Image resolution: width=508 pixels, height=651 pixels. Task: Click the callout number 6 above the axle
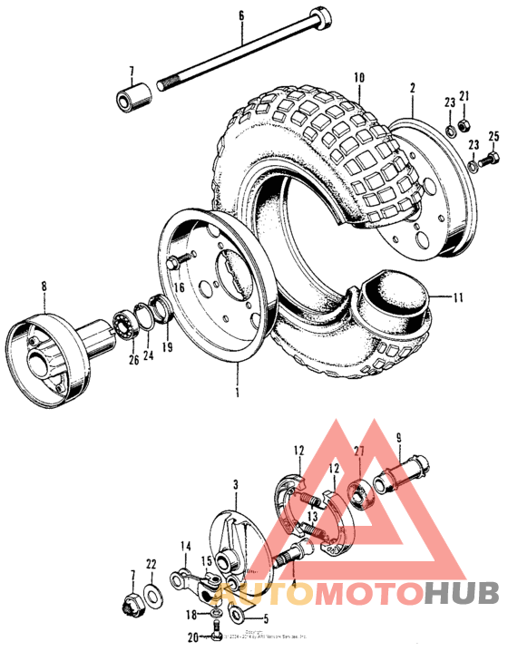[241, 15]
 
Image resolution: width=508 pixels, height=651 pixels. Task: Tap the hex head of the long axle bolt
[317, 17]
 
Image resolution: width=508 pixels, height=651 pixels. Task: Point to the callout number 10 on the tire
[358, 79]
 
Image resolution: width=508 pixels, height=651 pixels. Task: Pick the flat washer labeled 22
[151, 594]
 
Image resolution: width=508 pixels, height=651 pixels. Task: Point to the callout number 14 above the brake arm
[185, 547]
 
